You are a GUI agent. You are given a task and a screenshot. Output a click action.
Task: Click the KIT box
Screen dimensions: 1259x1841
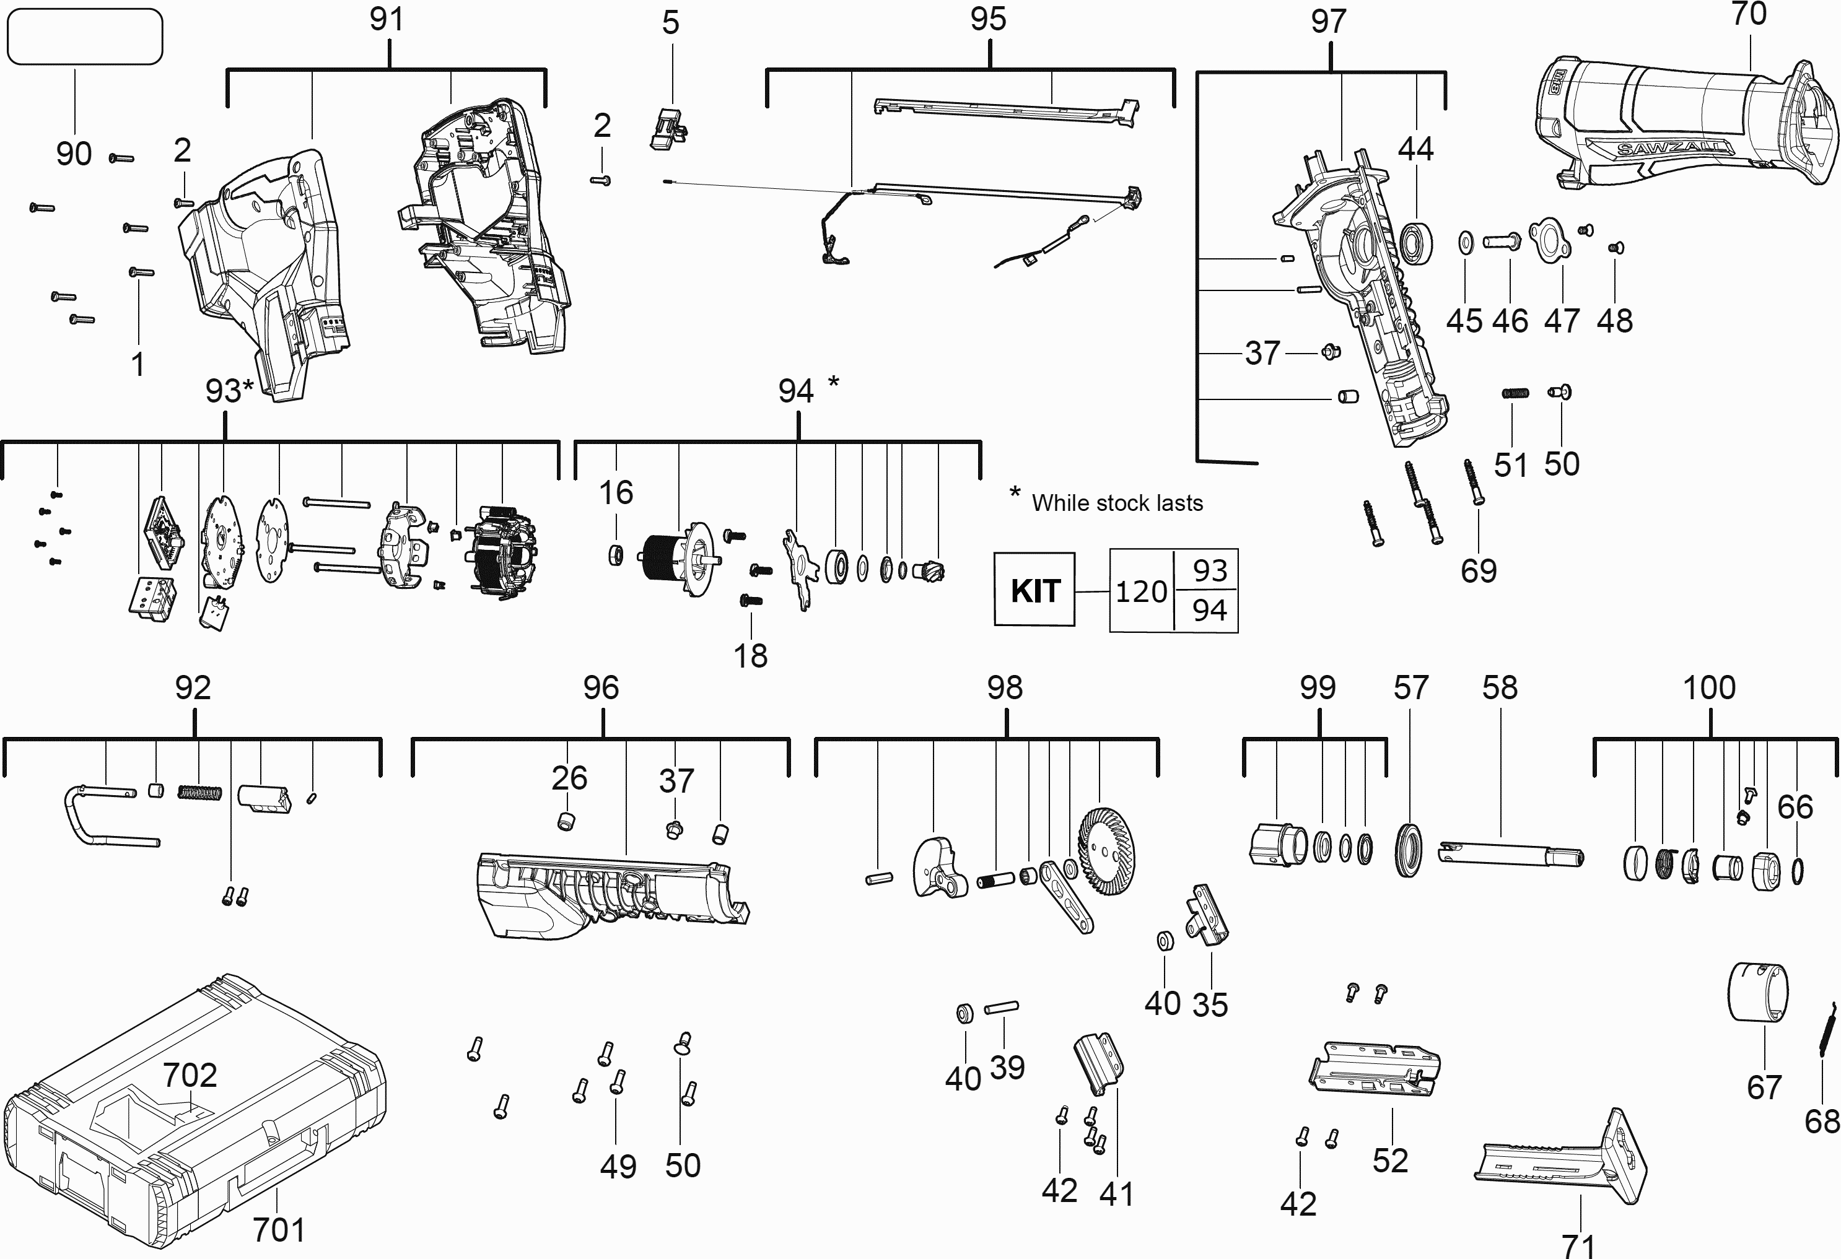1034,590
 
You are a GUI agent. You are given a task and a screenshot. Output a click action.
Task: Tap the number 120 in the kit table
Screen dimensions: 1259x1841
1141,591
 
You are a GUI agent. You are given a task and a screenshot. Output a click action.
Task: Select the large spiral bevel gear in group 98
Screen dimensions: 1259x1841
1107,852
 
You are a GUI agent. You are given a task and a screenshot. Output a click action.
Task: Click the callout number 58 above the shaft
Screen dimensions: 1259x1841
1500,687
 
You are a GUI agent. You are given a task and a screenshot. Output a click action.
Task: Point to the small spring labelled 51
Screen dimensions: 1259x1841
1515,393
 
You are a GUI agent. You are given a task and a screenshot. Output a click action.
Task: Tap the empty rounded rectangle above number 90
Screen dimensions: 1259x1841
84,37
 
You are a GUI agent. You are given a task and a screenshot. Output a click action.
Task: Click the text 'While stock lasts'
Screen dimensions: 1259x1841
1117,503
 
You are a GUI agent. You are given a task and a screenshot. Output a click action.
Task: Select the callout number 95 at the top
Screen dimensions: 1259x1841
988,19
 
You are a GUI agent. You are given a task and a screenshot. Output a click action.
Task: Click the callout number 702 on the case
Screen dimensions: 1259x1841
190,1074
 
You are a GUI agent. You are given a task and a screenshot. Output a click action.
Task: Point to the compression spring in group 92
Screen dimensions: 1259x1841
199,792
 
